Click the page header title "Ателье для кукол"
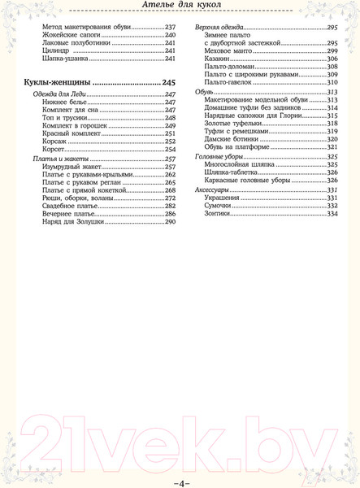click(x=180, y=7)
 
